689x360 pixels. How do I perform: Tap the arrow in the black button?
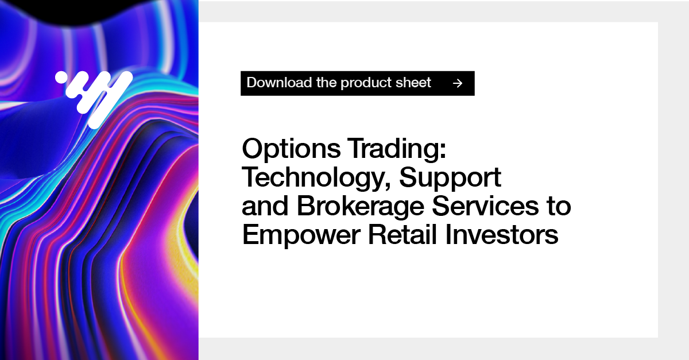point(457,83)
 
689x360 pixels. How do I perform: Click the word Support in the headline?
point(450,179)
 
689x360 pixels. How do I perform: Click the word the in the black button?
point(326,83)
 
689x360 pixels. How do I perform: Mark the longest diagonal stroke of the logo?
point(109,100)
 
